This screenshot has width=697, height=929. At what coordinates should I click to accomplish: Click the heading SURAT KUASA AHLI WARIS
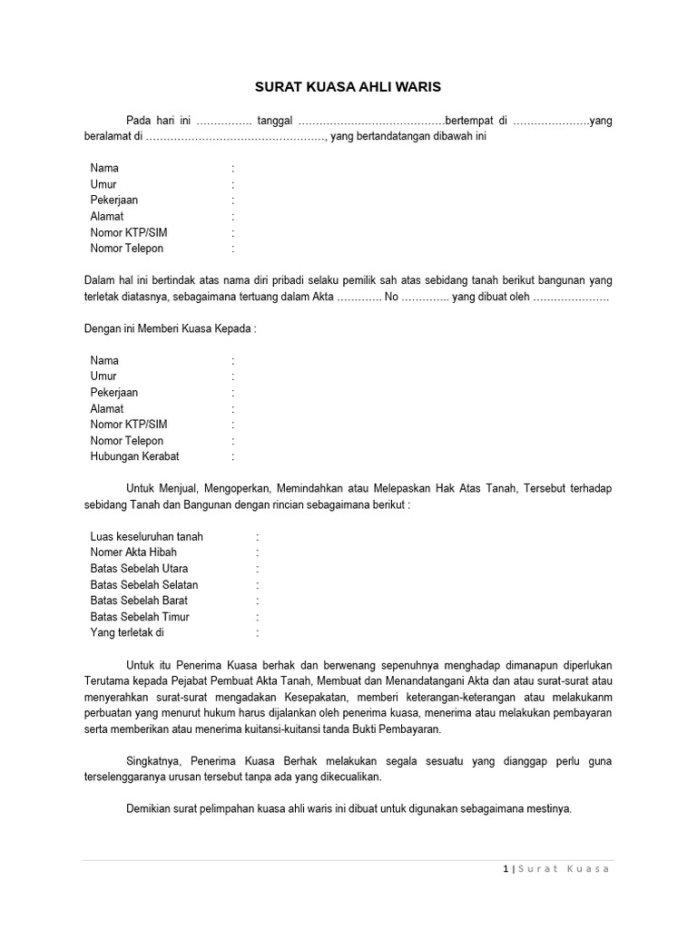tap(348, 88)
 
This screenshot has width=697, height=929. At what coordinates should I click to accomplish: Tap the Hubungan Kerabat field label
tap(134, 457)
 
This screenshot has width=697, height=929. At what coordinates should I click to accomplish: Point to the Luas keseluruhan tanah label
tap(147, 536)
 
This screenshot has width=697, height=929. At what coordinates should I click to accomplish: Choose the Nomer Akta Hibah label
tap(133, 553)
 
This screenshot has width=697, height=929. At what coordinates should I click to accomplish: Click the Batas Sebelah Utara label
tap(140, 569)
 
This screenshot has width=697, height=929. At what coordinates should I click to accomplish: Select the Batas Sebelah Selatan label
tap(144, 585)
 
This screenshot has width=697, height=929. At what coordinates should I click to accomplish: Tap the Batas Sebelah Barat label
tap(140, 601)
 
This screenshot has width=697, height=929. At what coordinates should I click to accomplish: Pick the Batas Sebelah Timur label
tap(140, 617)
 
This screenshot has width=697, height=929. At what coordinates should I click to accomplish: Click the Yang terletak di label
tap(128, 632)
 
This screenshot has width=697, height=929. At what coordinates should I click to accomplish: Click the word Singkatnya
tap(152, 761)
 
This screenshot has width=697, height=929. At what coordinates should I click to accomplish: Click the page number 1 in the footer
tap(505, 869)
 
